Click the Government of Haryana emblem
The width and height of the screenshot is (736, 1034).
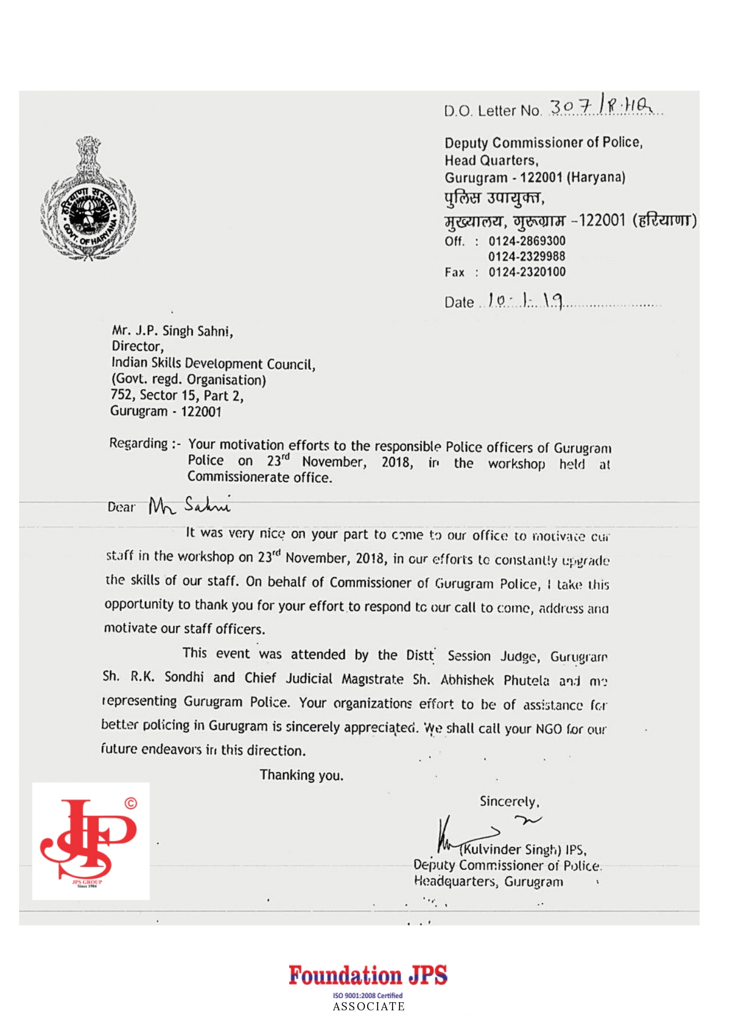point(88,199)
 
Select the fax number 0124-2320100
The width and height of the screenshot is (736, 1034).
point(526,272)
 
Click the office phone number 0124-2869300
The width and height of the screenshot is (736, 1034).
point(526,241)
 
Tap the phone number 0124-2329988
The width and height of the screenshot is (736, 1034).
point(526,256)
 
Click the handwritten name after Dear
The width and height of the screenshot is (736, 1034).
point(189,505)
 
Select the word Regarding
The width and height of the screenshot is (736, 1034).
point(139,444)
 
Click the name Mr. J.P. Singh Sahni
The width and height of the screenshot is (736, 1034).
point(172,331)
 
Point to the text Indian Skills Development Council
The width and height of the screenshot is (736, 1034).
point(213,363)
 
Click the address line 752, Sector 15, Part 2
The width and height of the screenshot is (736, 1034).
point(177,396)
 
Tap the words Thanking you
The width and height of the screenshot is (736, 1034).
point(301,775)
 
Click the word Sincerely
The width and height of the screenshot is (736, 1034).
point(509,802)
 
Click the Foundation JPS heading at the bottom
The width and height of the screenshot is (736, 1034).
point(368,976)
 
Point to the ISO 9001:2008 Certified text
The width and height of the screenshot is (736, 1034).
point(368,995)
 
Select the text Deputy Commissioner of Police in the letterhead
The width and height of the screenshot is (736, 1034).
point(543,143)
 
